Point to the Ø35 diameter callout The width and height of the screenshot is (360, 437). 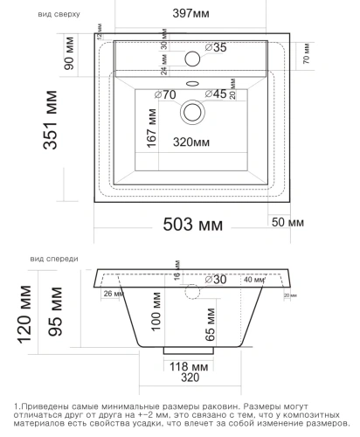pyautogui.click(x=215, y=48)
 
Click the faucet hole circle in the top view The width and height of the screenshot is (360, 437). pyautogui.click(x=191, y=59)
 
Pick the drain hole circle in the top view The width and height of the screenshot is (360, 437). pyautogui.click(x=190, y=112)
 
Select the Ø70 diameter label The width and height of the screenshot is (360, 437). pyautogui.click(x=165, y=94)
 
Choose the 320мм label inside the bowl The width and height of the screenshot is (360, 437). pyautogui.click(x=190, y=142)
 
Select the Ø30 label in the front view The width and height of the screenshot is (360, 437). pyautogui.click(x=215, y=280)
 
